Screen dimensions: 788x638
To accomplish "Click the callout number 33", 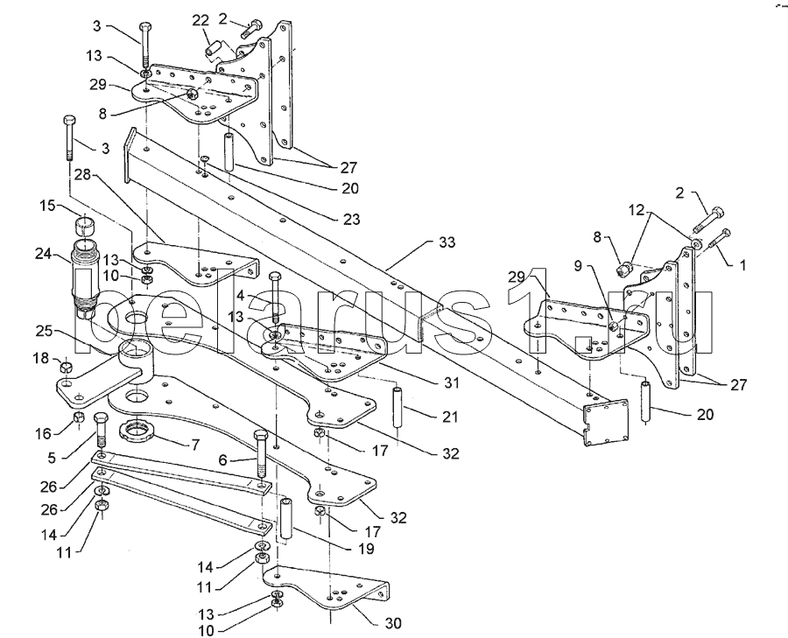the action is click(447, 242).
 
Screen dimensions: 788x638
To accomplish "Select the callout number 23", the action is click(352, 219).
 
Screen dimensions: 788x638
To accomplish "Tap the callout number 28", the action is click(83, 175).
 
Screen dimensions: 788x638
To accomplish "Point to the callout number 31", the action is click(451, 382).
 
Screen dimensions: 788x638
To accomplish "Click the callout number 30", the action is click(393, 623).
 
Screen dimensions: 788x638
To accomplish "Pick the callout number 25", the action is click(44, 332).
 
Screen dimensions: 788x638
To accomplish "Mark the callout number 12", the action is click(637, 210).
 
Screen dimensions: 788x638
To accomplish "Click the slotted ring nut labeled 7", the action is click(137, 430).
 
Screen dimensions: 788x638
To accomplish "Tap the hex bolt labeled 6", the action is click(262, 454).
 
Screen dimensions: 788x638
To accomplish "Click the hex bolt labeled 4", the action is click(275, 298).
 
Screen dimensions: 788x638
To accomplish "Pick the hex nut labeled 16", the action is click(78, 417).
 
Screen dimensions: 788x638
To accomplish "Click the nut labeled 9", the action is click(613, 326).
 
